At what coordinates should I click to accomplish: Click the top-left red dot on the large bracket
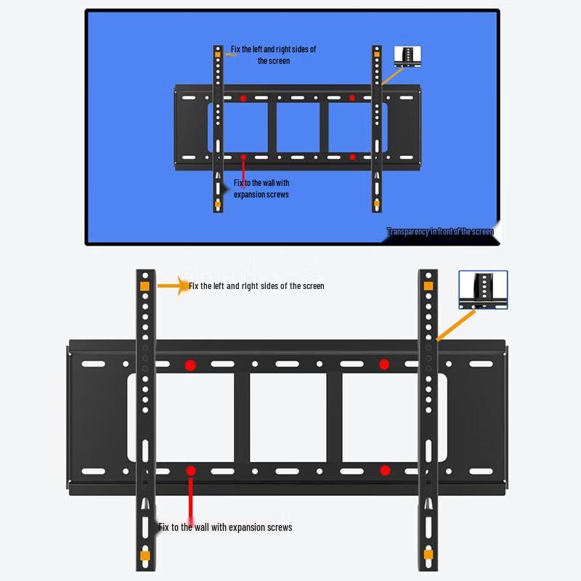tap(190, 365)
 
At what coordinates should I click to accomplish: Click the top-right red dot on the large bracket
tap(384, 365)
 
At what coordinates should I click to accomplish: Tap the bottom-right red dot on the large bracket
tap(385, 471)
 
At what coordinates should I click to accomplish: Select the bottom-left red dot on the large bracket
tap(190, 471)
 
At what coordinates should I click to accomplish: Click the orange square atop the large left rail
tap(145, 286)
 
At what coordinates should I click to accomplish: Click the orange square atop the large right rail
tap(428, 286)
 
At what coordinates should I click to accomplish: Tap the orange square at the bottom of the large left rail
tap(145, 556)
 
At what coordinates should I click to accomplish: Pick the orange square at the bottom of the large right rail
tap(428, 556)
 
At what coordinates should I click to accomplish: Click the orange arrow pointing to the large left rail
tap(173, 286)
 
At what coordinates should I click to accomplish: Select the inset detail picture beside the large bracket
tap(483, 290)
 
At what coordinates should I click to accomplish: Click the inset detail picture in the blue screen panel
tap(407, 57)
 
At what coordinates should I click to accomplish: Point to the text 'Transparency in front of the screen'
tap(440, 232)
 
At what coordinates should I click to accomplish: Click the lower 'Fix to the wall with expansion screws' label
tap(226, 527)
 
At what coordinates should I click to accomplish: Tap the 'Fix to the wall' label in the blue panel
tap(261, 189)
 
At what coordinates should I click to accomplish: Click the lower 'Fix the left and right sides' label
tap(256, 286)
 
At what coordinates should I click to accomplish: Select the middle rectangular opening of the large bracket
tap(288, 418)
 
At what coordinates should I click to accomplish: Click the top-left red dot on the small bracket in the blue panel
tap(243, 97)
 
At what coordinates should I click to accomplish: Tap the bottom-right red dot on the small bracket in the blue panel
tap(352, 156)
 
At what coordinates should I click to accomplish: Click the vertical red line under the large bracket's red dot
tap(190, 497)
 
